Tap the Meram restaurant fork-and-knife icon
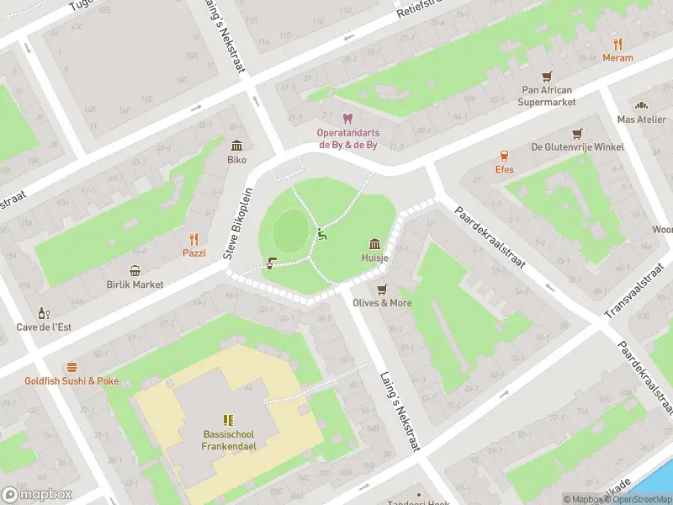[x=617, y=45]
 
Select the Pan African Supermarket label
[x=547, y=96]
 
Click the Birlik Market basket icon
[x=135, y=270]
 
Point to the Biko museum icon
[x=236, y=146]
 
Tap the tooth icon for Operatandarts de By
[x=347, y=119]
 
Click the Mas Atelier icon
[x=641, y=106]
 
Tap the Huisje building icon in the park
[x=374, y=244]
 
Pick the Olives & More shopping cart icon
[x=382, y=289]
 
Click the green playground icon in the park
[x=321, y=235]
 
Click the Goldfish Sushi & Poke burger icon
[x=72, y=367]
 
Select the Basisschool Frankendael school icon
[x=227, y=420]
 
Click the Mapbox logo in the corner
[x=37, y=495]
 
